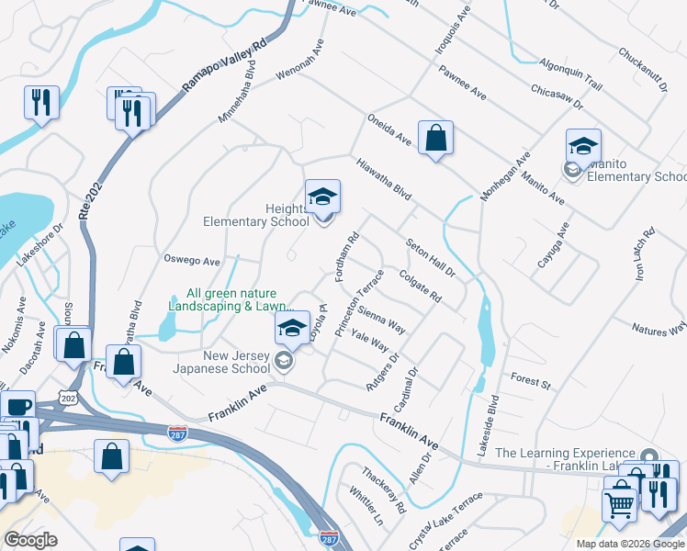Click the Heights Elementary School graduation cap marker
[322, 197]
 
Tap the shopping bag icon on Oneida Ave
[435, 138]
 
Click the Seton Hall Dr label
[431, 253]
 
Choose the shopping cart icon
[619, 504]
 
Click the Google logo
[30, 540]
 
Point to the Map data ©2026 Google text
[630, 544]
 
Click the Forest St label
[530, 381]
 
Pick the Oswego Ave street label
[192, 261]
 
